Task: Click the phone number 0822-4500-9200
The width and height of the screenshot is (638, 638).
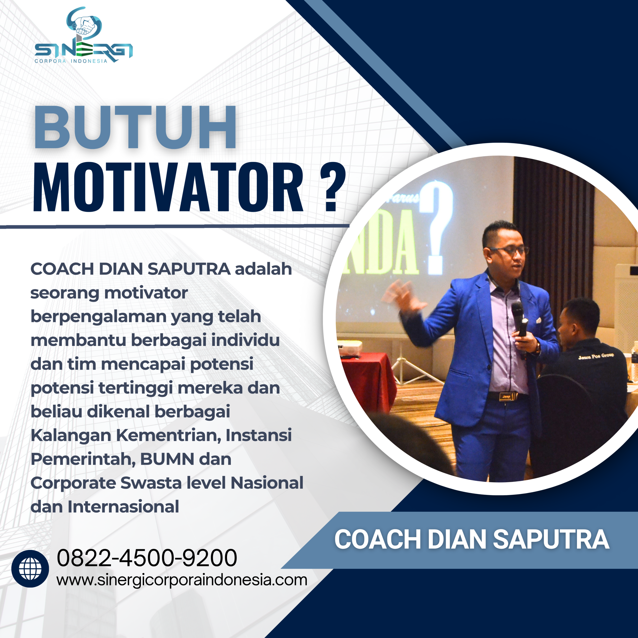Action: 147,558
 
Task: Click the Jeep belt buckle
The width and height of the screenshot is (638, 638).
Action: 506,396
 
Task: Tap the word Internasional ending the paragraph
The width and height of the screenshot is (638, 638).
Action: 123,507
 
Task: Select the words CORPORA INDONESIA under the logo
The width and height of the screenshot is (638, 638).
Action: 71,61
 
